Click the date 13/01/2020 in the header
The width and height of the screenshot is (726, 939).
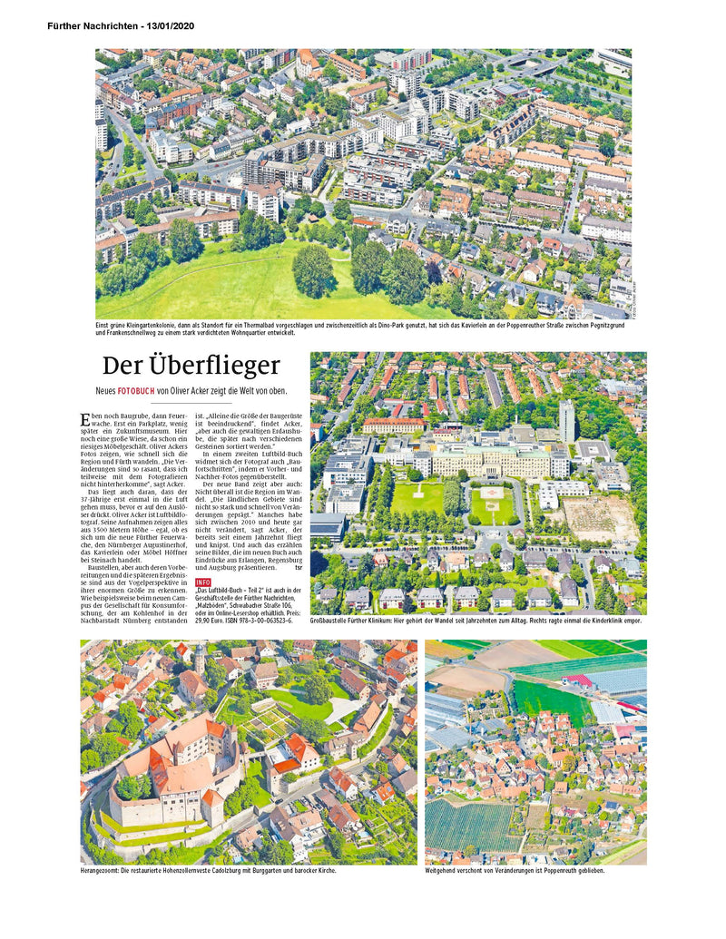coord(167,25)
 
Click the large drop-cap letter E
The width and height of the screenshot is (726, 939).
coord(85,419)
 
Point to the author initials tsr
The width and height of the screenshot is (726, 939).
coord(299,569)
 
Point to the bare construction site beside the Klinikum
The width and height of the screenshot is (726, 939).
coord(599,517)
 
